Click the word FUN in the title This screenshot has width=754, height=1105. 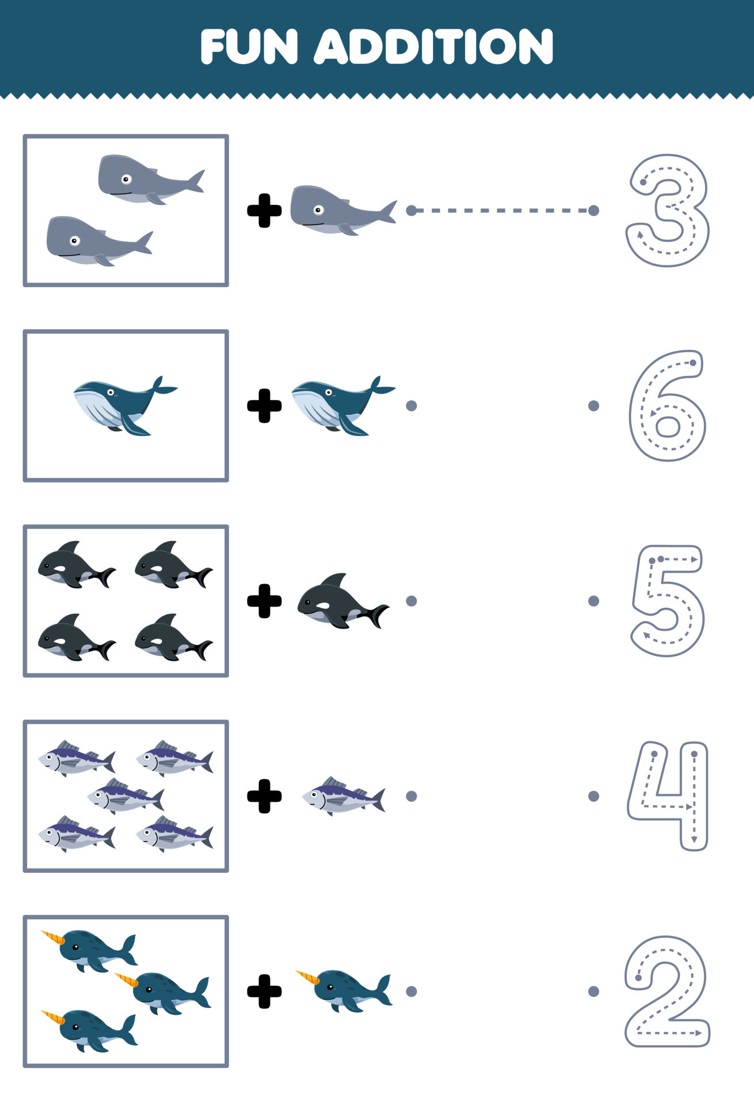[249, 47]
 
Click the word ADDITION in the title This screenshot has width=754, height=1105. [434, 47]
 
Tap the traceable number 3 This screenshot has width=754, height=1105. [668, 210]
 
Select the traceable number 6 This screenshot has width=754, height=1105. [667, 406]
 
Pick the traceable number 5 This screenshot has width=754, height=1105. [668, 600]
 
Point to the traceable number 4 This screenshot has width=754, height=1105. [668, 796]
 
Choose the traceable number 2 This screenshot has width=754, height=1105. [667, 991]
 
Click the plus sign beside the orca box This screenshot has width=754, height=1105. [264, 601]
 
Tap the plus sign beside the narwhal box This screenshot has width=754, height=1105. [264, 991]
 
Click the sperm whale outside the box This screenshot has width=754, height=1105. [340, 210]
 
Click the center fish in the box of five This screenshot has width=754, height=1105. [125, 796]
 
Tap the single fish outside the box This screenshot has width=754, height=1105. [344, 796]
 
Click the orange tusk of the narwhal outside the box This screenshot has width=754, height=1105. [307, 977]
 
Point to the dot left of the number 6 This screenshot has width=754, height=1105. [593, 406]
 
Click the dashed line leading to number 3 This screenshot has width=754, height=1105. [502, 211]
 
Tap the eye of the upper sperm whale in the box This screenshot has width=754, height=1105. [126, 179]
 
